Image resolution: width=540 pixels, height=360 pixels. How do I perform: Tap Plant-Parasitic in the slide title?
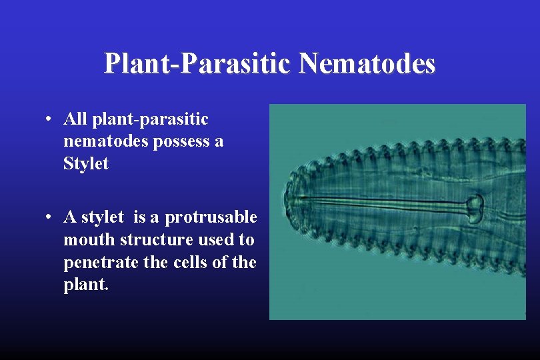(198, 64)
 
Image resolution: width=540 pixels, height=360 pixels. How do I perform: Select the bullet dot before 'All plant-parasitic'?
(50, 121)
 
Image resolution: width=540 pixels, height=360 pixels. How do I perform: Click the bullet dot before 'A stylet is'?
(50, 218)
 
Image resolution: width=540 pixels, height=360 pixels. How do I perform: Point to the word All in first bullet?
(75, 119)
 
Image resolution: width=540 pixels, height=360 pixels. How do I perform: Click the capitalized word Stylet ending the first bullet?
(86, 164)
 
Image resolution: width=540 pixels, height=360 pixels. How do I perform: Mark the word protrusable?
(211, 217)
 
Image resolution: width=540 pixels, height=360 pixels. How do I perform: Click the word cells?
(187, 263)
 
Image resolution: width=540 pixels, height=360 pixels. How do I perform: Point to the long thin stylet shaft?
(387, 201)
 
